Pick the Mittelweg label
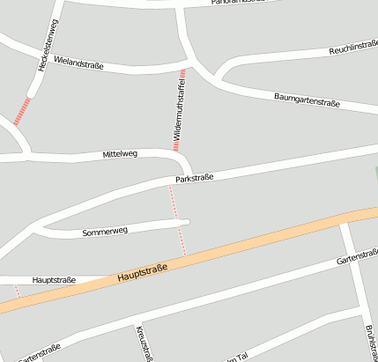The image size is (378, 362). pos(120,154)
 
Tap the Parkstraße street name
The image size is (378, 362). pos(195,179)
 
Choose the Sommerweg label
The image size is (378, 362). pos(105,232)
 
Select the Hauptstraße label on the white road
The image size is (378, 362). pos(54,280)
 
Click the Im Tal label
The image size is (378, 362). pos(236,357)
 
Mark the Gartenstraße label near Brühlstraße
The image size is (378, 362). pos(357,258)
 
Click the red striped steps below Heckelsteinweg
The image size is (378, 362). pos(22,111)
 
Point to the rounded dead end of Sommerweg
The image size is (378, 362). pos(186,221)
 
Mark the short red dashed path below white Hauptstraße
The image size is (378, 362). pos(18,292)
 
